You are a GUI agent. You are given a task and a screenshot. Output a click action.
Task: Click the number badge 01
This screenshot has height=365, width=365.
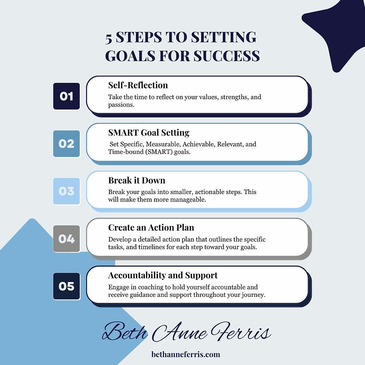pyautogui.click(x=66, y=96)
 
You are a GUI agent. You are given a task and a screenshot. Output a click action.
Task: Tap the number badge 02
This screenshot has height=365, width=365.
pyautogui.click(x=66, y=143)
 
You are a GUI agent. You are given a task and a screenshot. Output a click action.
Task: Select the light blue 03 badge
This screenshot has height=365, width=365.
pyautogui.click(x=66, y=191)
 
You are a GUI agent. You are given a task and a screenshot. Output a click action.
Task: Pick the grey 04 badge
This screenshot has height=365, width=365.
pyautogui.click(x=66, y=238)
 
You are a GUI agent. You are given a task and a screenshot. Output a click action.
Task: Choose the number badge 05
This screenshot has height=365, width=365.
pyautogui.click(x=66, y=286)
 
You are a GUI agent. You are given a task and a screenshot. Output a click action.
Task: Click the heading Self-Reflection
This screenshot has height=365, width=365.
pyautogui.click(x=138, y=85)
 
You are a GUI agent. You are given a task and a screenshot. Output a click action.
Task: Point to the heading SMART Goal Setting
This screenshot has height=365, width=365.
pyautogui.click(x=149, y=133)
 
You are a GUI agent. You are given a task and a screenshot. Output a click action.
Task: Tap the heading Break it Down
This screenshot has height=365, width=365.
pyautogui.click(x=136, y=180)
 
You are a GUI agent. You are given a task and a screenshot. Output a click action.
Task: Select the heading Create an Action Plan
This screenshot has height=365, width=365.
pyautogui.click(x=151, y=228)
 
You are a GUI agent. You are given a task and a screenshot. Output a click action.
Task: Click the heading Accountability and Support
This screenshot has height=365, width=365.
pyautogui.click(x=163, y=275)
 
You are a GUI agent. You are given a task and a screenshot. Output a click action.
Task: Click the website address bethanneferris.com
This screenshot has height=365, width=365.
pyautogui.click(x=186, y=354)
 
